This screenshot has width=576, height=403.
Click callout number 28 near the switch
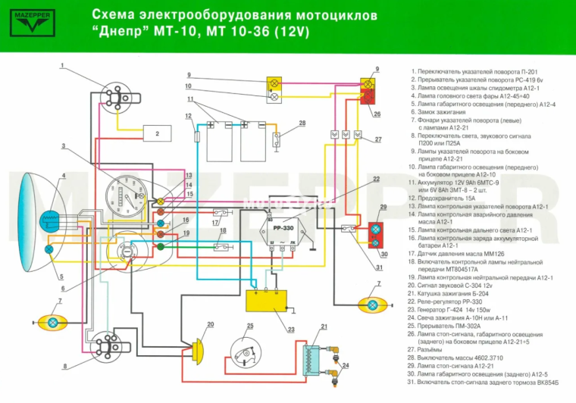coord(302,123)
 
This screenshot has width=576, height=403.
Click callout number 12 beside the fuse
coord(187,117)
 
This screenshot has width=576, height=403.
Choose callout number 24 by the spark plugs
coord(346,365)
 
